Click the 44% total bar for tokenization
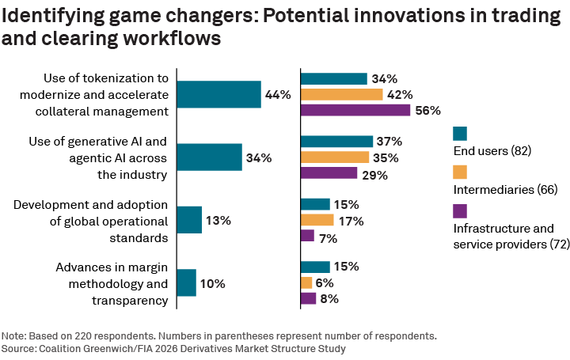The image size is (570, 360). click(x=218, y=94)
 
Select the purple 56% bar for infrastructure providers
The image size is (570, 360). click(x=355, y=110)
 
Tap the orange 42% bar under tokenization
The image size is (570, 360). click(x=341, y=94)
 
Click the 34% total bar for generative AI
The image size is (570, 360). click(x=209, y=157)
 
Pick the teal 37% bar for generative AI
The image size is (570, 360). click(x=336, y=141)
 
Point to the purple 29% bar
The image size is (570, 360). click(x=329, y=172)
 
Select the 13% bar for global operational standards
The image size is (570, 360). click(x=189, y=220)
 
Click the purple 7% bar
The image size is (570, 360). click(x=307, y=236)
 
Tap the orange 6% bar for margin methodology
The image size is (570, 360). click(x=306, y=282)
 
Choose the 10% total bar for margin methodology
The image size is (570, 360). click(x=186, y=282)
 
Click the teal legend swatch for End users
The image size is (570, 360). click(x=460, y=133)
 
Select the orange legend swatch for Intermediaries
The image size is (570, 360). click(x=460, y=172)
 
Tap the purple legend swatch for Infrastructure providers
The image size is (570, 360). click(x=460, y=210)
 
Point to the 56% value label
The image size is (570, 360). click(x=428, y=110)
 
